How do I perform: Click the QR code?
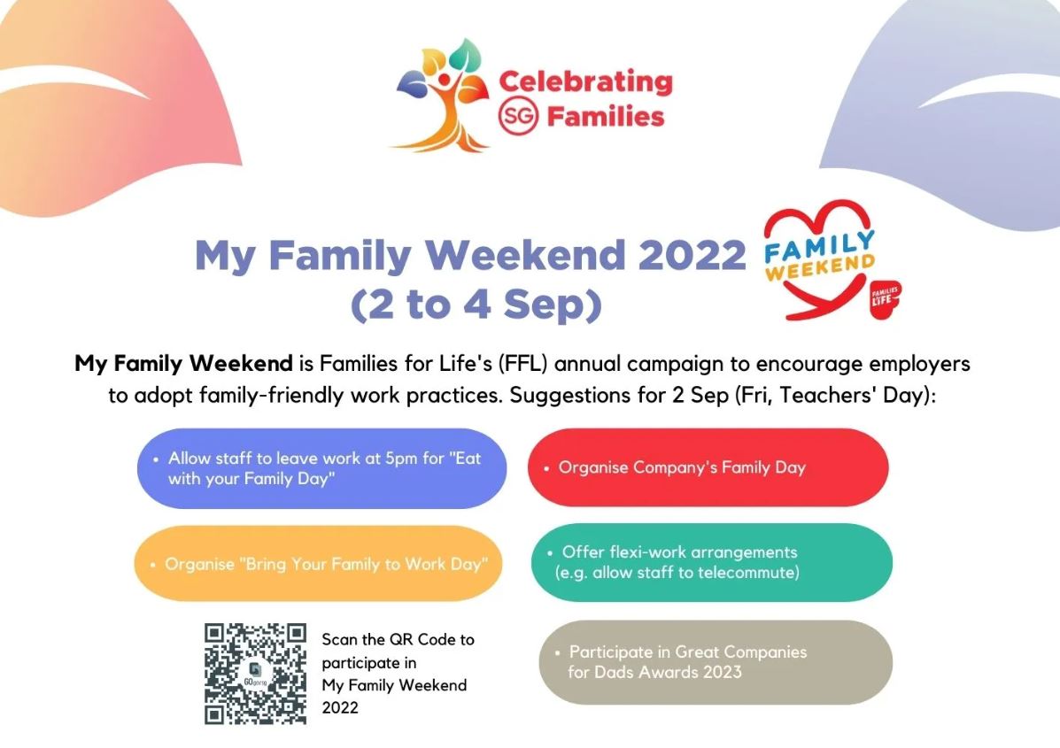click(256, 674)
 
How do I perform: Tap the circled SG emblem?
click(519, 116)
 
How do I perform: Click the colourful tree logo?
click(442, 95)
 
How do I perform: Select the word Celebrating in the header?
click(585, 81)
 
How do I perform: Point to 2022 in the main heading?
click(692, 255)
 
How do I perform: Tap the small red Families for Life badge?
click(885, 298)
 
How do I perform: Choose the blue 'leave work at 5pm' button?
click(321, 468)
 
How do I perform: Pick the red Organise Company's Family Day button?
click(708, 467)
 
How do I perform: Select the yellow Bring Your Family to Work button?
click(319, 564)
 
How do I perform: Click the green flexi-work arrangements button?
click(712, 562)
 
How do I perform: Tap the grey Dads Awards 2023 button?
click(716, 662)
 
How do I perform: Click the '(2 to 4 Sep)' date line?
click(476, 305)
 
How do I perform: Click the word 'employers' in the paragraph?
click(919, 364)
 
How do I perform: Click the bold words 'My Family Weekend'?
click(183, 364)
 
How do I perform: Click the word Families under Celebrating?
click(606, 117)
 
